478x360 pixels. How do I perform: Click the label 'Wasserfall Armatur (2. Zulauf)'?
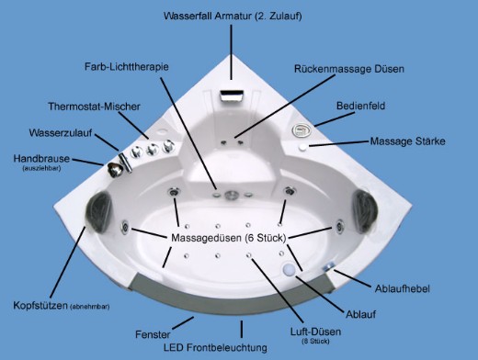233,16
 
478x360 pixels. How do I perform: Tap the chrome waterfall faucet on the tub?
232,96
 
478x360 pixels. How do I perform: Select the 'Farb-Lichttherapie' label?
127,67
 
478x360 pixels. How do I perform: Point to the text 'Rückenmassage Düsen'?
349,69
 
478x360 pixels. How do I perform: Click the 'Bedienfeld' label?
360,106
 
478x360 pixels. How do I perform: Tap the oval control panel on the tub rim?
302,130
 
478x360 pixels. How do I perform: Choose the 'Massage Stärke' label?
407,141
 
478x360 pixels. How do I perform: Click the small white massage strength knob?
302,147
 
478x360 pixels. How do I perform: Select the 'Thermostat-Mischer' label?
94,107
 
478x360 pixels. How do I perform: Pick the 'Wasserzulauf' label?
61,133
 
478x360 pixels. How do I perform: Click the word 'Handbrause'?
41,159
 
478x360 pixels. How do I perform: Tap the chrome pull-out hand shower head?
115,170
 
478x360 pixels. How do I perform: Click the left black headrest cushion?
98,211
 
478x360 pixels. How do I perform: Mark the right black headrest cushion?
365,210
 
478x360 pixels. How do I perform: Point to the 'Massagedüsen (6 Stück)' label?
229,238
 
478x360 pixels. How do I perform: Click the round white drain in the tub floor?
289,269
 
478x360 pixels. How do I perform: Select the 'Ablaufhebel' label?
403,288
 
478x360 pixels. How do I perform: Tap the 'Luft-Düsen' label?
315,332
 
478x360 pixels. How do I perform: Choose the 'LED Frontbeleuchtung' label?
215,348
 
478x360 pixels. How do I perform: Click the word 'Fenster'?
153,334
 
